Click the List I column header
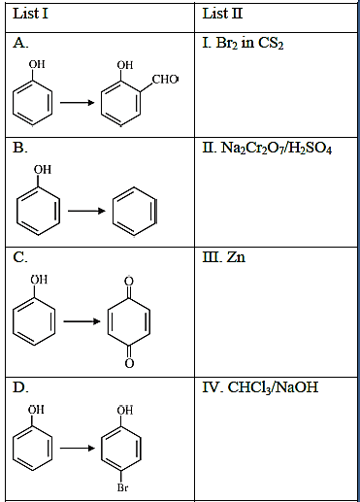(x=31, y=14)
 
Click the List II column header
(x=222, y=14)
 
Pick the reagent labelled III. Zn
(x=224, y=257)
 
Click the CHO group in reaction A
(x=165, y=79)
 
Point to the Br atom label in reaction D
(x=122, y=487)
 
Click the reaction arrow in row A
(x=78, y=103)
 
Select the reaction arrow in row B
(x=86, y=211)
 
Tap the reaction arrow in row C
(x=82, y=321)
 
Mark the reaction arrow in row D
(x=78, y=449)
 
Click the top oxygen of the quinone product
(x=129, y=281)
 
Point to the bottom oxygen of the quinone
(x=129, y=363)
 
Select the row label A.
(x=20, y=43)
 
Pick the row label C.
(x=20, y=257)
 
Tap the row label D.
(x=20, y=387)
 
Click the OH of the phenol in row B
(x=43, y=169)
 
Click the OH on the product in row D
(x=125, y=410)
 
